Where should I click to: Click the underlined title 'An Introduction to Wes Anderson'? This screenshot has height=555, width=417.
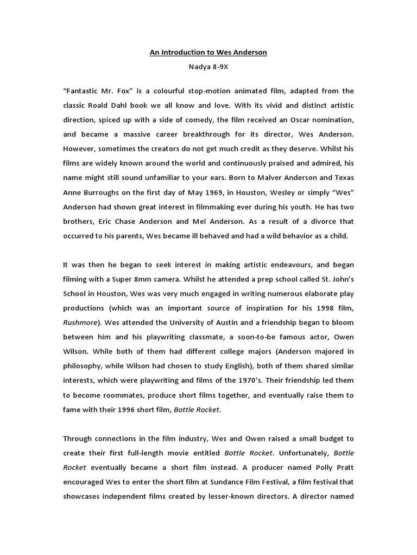coord(208,53)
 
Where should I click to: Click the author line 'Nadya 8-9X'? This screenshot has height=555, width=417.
coord(208,69)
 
